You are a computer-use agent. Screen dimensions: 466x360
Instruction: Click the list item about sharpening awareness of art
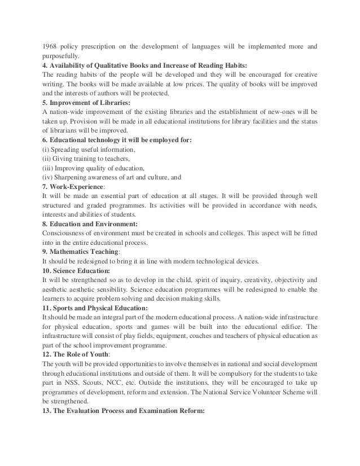(111, 178)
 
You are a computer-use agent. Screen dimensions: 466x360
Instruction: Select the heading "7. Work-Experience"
(74, 188)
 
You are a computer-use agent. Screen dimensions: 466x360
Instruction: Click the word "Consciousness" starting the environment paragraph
(64, 235)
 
